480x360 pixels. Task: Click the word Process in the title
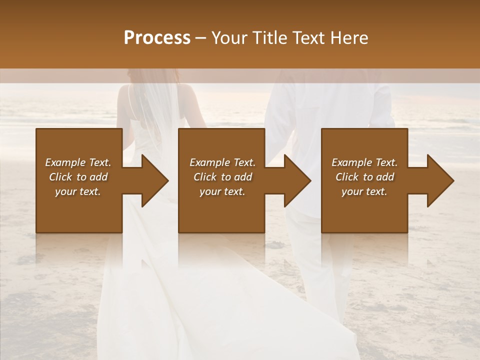coord(157,37)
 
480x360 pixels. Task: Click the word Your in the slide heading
coord(229,37)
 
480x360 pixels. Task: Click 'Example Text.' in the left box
coord(78,162)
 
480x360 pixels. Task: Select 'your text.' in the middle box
coord(222,191)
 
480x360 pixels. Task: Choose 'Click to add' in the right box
coord(364,177)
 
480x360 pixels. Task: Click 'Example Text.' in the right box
coord(364,162)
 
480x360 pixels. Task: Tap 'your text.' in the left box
coord(78,191)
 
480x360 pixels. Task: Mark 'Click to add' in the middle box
coord(222,177)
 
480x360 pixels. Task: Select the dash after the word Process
coord(200,38)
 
